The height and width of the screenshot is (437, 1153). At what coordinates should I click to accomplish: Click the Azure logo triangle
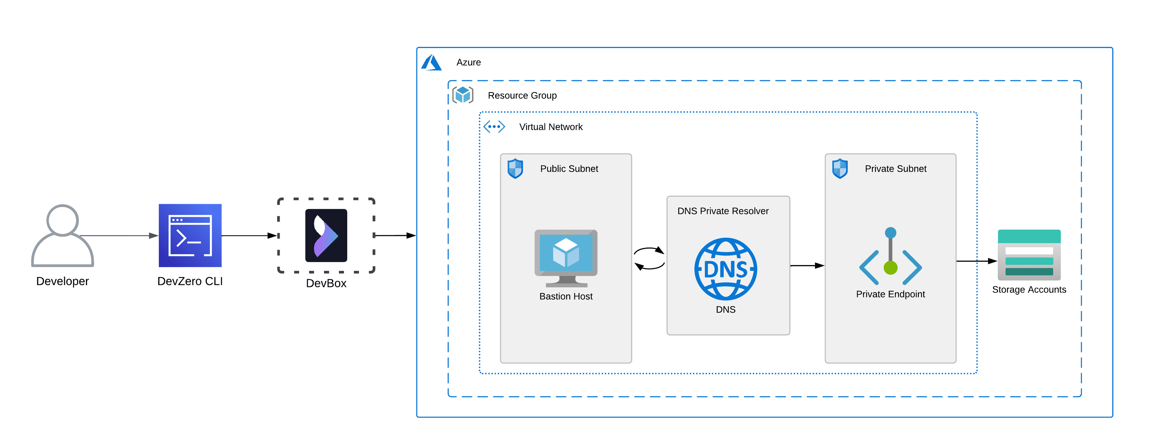[x=431, y=63]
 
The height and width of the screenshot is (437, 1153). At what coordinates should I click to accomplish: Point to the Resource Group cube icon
[x=462, y=95]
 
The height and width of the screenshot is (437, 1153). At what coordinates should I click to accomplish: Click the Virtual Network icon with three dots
[x=494, y=127]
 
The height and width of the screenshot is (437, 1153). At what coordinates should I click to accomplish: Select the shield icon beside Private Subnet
[x=840, y=169]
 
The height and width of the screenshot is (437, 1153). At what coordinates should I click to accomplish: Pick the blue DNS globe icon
[x=725, y=269]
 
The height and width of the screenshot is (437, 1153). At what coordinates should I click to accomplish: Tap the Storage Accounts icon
[x=1029, y=255]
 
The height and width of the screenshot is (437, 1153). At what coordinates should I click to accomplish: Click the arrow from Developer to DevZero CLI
[x=119, y=236]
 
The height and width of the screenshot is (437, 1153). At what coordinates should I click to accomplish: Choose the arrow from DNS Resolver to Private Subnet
[x=807, y=266]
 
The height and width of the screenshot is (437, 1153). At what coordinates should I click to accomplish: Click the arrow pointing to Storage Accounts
[x=976, y=261]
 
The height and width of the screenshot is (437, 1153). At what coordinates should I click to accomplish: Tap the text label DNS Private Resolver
[x=722, y=211]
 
